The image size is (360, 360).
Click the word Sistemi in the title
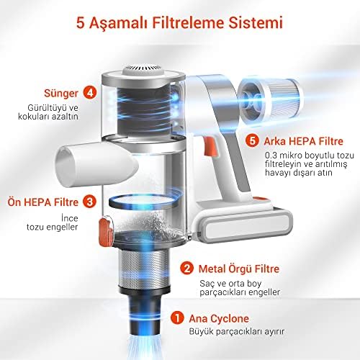pyautogui.click(x=255, y=23)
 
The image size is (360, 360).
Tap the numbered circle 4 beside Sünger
pyautogui.click(x=90, y=93)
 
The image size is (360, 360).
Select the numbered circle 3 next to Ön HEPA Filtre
pyautogui.click(x=89, y=202)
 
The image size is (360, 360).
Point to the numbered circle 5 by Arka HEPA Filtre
pyautogui.click(x=252, y=140)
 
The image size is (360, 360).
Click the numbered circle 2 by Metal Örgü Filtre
pyautogui.click(x=186, y=268)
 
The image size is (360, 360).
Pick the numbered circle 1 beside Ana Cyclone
pyautogui.click(x=177, y=318)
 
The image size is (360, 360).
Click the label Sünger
pyautogui.click(x=61, y=93)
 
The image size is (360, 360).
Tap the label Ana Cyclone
pyautogui.click(x=219, y=318)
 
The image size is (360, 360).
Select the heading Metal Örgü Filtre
pyautogui.click(x=239, y=269)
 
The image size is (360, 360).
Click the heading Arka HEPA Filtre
pyautogui.click(x=303, y=141)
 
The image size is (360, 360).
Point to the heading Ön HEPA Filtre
pyautogui.click(x=43, y=202)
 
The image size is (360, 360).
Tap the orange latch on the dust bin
pyautogui.click(x=106, y=231)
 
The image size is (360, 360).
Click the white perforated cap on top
pyautogui.click(x=144, y=71)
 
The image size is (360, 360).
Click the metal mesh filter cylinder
pyautogui.click(x=145, y=269)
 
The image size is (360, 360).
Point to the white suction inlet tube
pyautogui.click(x=96, y=164)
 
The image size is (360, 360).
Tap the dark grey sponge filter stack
pyautogui.click(x=143, y=111)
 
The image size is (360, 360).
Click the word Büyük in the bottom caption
pyautogui.click(x=201, y=331)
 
